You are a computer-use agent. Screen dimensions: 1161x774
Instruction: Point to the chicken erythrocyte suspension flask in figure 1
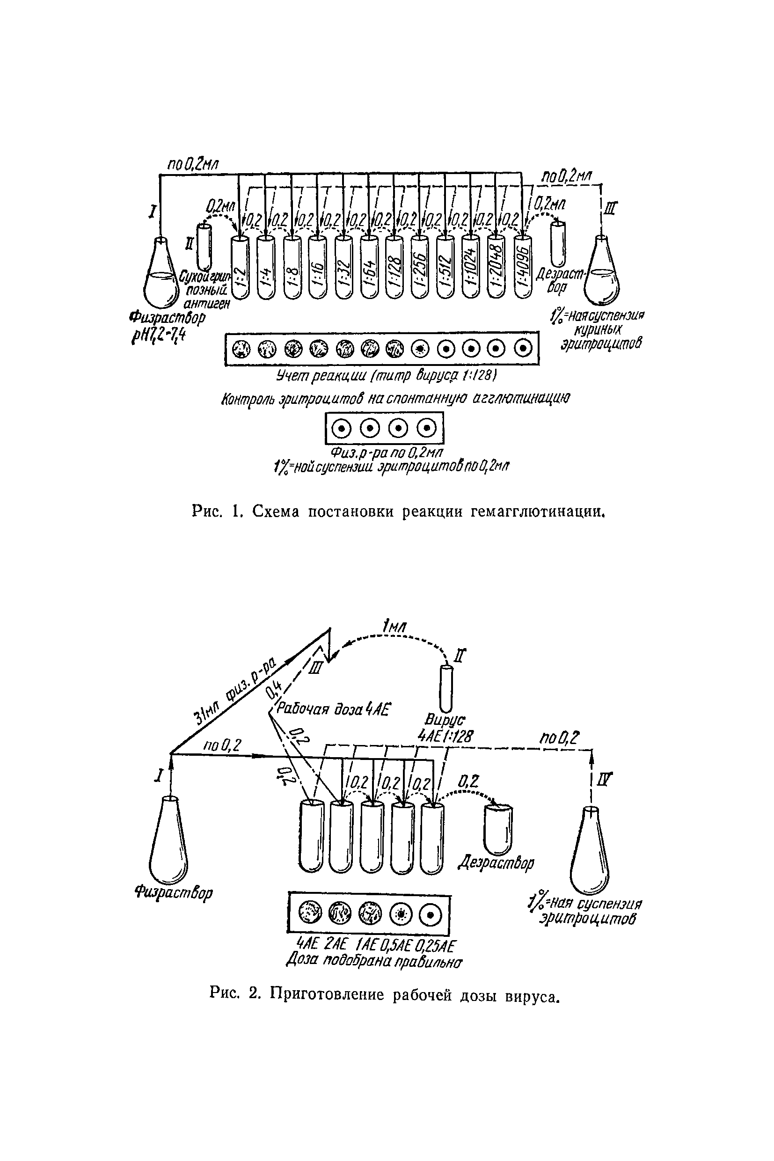(x=602, y=277)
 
